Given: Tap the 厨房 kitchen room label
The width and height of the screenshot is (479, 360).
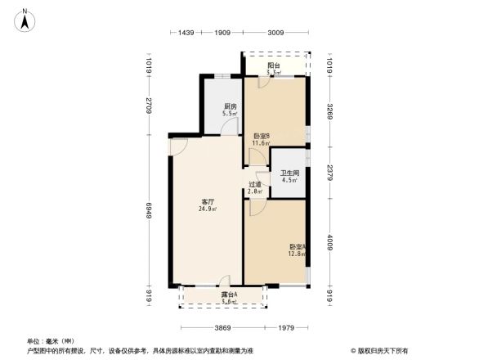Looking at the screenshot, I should (x=231, y=106).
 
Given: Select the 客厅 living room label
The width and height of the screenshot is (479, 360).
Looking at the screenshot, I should (x=208, y=201).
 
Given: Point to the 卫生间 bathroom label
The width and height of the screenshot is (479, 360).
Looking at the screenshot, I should (x=289, y=173).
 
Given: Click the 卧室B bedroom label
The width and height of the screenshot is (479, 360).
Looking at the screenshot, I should (x=262, y=137).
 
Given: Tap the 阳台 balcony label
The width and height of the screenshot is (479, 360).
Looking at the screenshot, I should (x=275, y=66).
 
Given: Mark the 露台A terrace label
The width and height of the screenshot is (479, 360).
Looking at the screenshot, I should (x=229, y=295).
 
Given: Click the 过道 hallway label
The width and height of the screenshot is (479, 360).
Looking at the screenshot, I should (x=255, y=185).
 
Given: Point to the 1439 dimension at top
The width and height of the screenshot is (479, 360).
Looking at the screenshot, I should (x=186, y=33).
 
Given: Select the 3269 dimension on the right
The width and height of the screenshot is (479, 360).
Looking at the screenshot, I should (x=329, y=112).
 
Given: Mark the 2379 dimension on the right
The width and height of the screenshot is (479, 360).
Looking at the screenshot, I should (x=329, y=173).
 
